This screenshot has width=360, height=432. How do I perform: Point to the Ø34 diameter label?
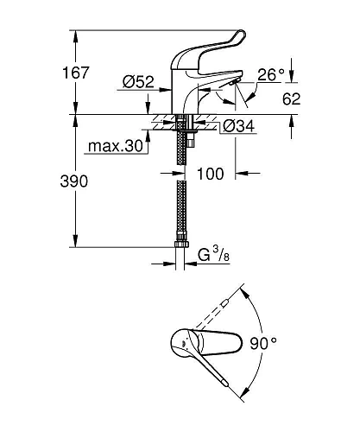[x=238, y=127]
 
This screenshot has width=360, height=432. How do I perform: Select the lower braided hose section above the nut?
[x=182, y=216]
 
